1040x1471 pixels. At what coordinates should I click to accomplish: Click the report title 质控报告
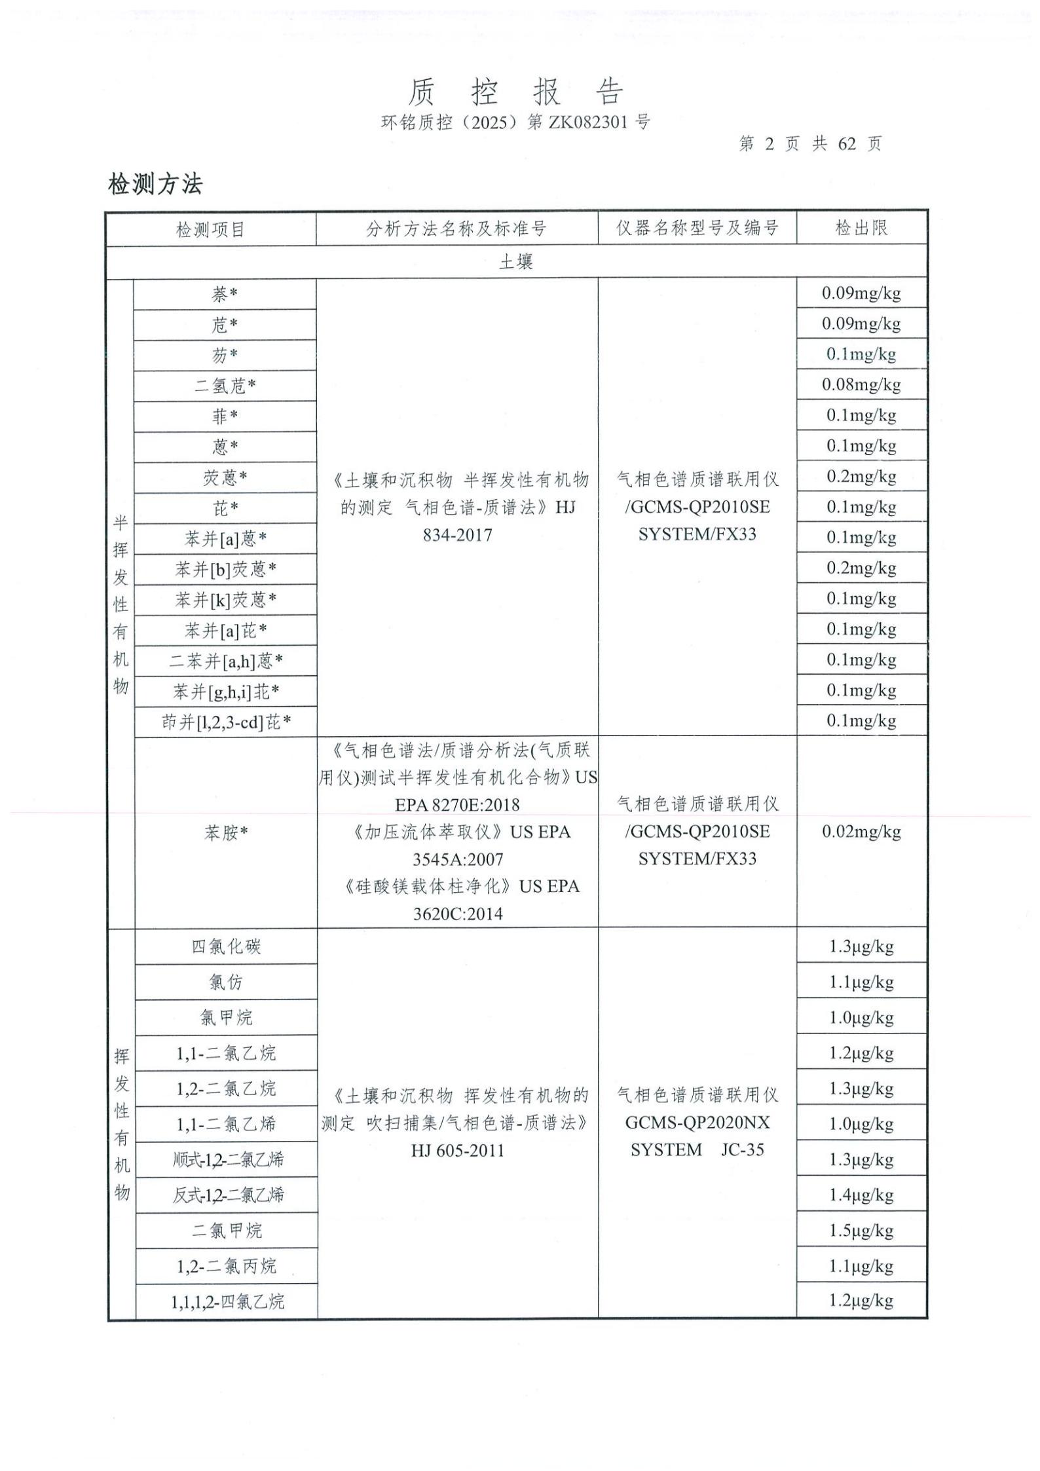(516, 92)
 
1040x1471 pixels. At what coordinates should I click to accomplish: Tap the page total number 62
(846, 144)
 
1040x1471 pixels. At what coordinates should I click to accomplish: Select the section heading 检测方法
(155, 185)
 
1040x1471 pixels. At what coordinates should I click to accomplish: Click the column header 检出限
(861, 228)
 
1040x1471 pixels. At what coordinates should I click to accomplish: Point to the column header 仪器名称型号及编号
(697, 228)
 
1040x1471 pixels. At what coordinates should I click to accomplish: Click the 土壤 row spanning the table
(516, 262)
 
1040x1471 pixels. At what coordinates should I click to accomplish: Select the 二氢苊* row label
(225, 386)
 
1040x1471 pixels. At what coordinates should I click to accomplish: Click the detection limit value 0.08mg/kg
(861, 384)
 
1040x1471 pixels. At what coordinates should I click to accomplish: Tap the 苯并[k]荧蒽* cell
(225, 599)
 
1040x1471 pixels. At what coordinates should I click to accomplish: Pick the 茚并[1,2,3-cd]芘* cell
(226, 722)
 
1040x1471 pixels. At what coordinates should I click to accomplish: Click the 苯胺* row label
(226, 832)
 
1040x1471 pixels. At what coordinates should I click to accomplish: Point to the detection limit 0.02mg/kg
(861, 832)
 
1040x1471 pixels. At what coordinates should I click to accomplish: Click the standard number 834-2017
(457, 535)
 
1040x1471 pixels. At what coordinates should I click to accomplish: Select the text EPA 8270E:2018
(457, 805)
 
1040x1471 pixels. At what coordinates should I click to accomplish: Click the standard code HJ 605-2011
(457, 1169)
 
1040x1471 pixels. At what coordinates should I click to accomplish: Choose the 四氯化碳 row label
(226, 946)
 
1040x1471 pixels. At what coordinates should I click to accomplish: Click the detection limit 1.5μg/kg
(861, 1231)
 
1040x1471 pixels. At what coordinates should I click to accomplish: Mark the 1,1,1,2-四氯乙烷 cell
(227, 1301)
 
